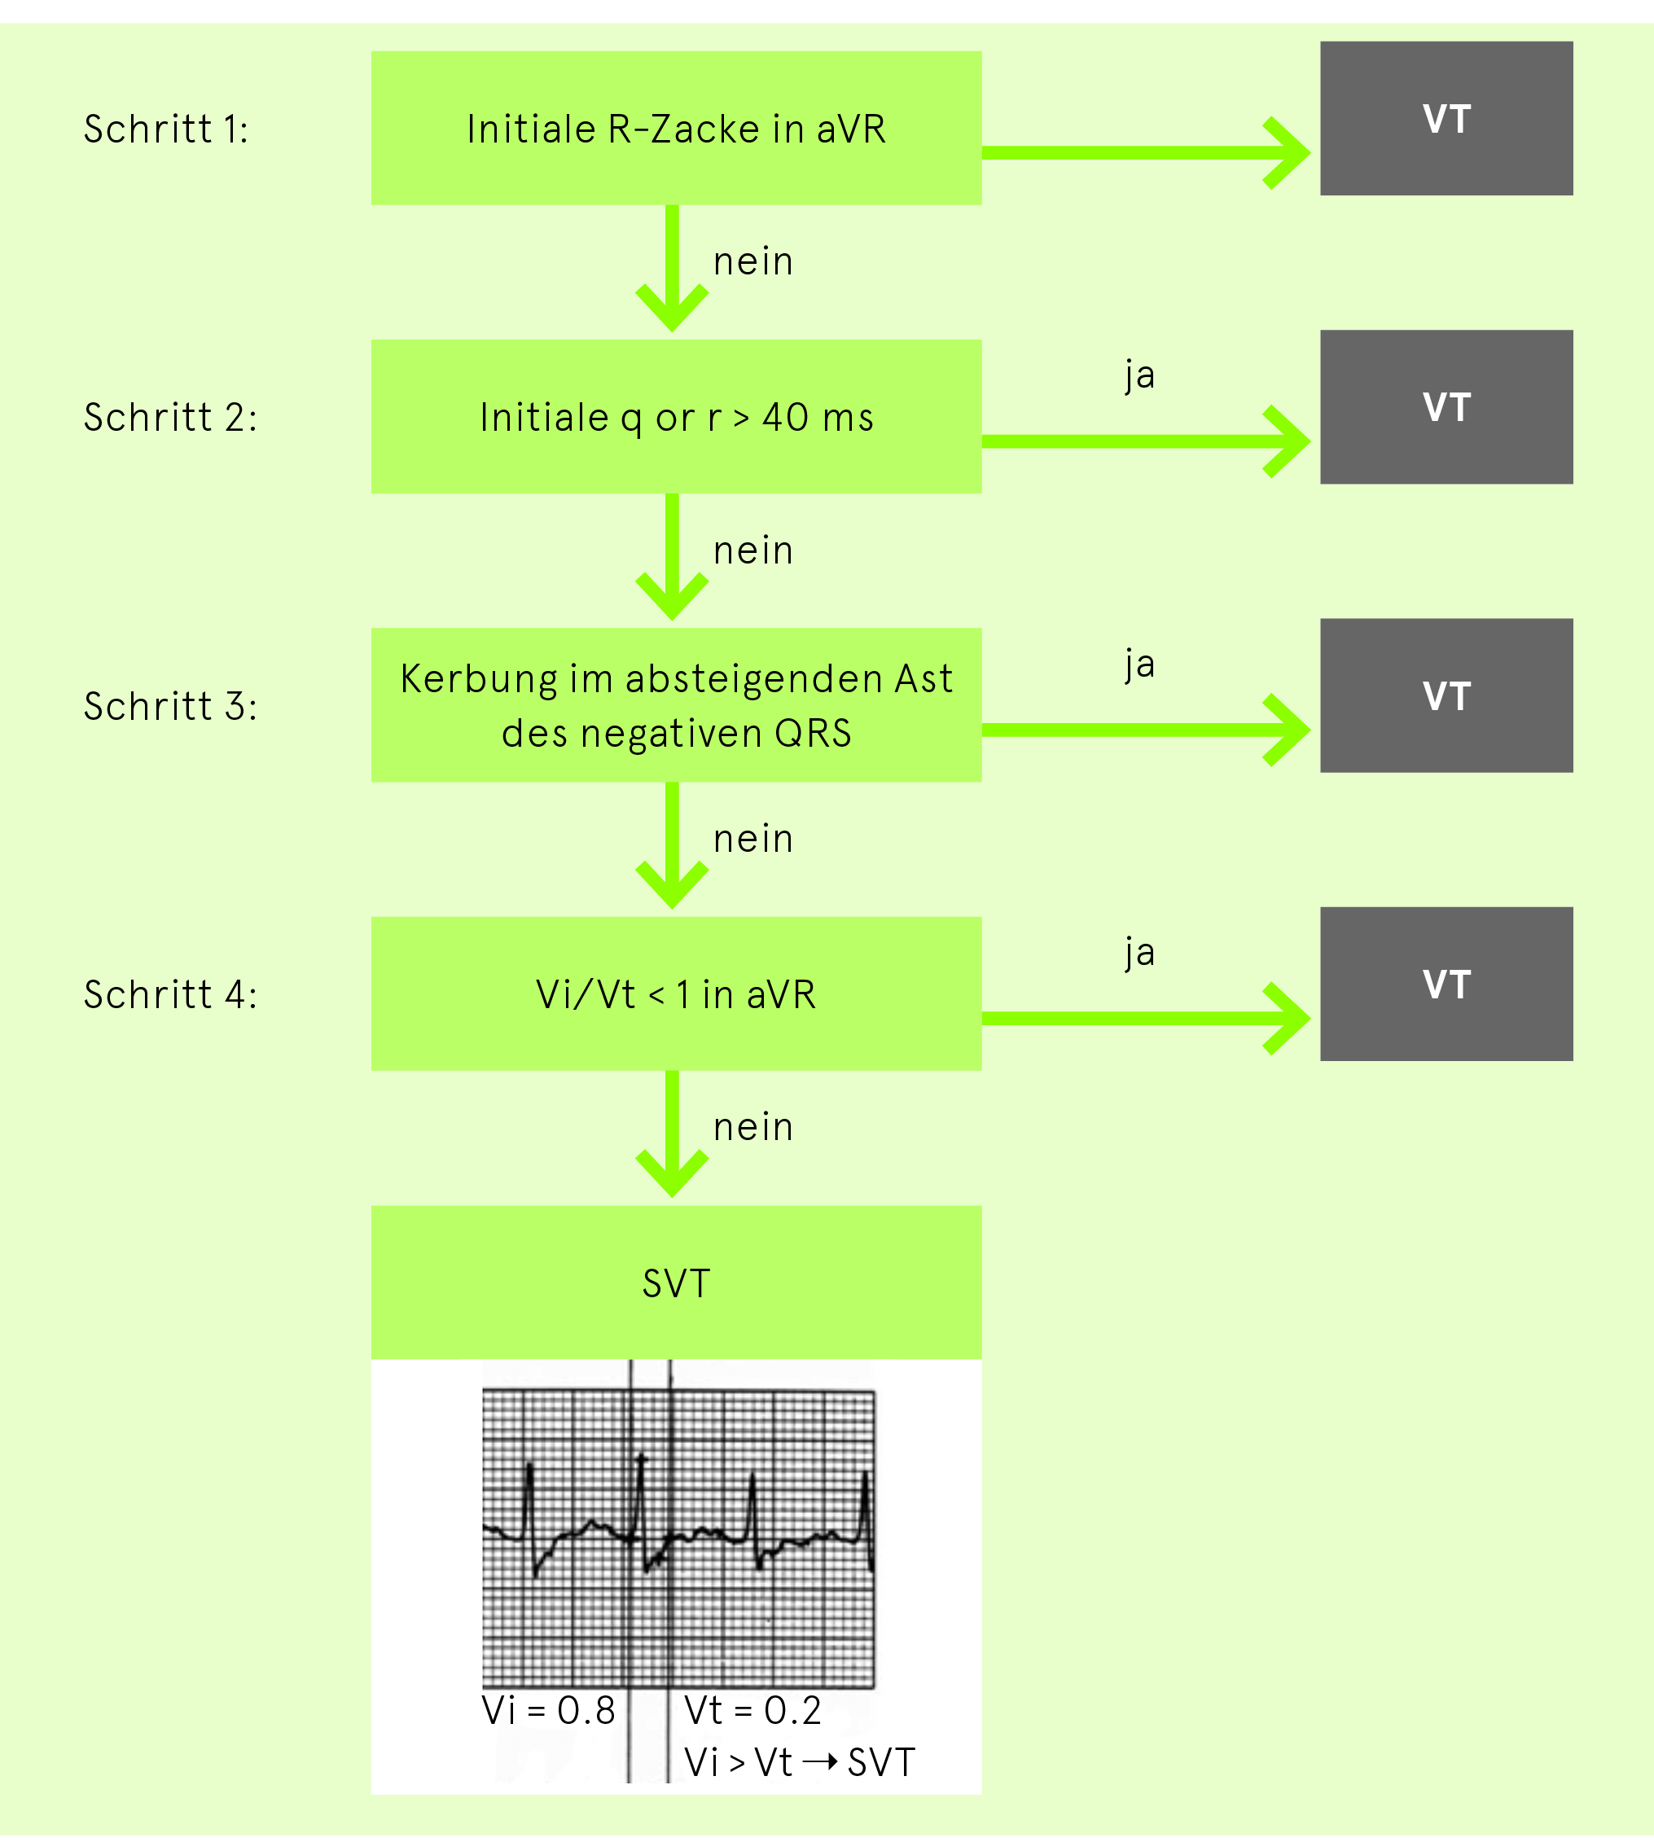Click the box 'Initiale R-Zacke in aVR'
tap(676, 127)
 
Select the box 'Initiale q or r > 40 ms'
tap(676, 416)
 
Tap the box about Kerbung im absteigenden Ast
tap(676, 704)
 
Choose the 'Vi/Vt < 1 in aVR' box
tap(676, 993)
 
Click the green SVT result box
tap(676, 1283)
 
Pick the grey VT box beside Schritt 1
tap(1447, 118)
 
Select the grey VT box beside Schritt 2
tap(1447, 407)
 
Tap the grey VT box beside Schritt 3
tap(1447, 695)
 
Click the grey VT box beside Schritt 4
tap(1447, 985)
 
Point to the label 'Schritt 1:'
tap(166, 129)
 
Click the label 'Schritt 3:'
tap(171, 706)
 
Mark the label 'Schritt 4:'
tap(171, 994)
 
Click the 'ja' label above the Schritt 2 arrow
tap(1139, 375)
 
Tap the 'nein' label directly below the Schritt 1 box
tap(753, 261)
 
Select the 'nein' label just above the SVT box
tap(753, 1127)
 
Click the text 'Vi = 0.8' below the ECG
tap(549, 1710)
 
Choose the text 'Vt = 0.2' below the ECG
tap(753, 1710)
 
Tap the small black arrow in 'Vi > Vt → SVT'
tap(821, 1762)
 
